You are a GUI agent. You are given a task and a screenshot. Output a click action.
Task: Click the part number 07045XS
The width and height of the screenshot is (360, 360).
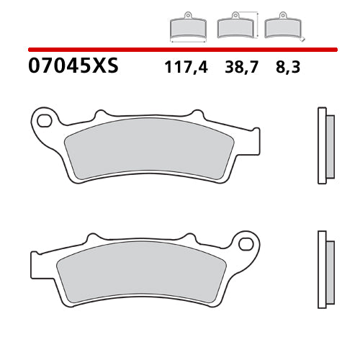coord(72,67)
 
